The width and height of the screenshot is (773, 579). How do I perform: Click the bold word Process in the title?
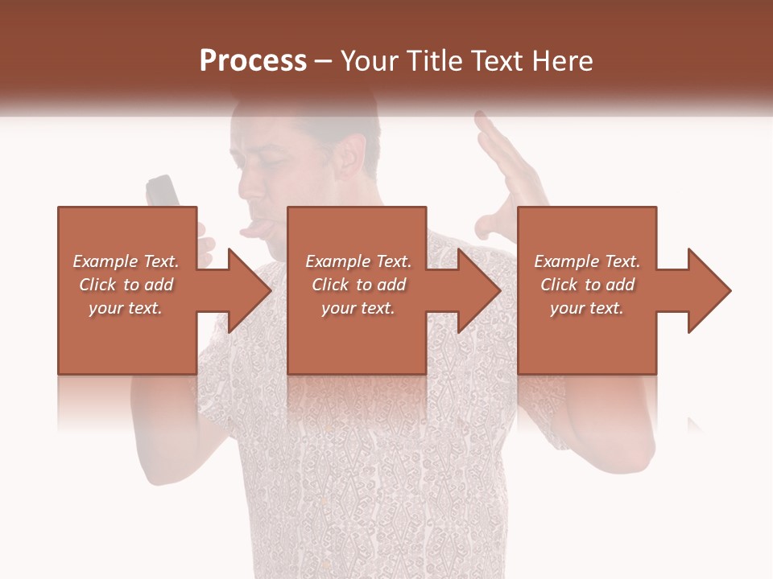point(253,61)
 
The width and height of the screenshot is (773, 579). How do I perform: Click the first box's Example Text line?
point(126,261)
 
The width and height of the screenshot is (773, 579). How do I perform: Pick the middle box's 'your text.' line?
point(358,308)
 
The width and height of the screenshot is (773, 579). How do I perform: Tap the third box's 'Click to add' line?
point(587,285)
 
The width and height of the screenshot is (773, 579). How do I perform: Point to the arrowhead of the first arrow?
point(250,290)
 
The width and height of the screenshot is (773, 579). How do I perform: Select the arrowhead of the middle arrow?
point(479,290)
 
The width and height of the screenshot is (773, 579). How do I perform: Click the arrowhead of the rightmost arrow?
point(709,290)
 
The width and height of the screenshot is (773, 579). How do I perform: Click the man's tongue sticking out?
point(254,232)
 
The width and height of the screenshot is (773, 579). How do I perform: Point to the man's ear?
point(352,157)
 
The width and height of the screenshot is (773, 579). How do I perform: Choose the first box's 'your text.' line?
point(126,308)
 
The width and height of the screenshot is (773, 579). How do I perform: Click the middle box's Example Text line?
point(358,261)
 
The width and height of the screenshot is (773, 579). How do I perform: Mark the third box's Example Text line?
point(587,261)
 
